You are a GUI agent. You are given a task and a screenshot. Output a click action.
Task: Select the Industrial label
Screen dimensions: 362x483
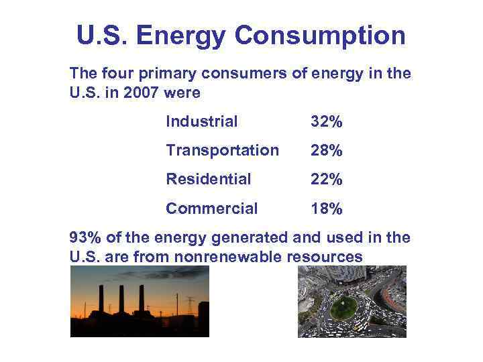point(201,121)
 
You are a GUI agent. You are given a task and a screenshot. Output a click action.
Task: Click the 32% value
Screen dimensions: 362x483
point(327,122)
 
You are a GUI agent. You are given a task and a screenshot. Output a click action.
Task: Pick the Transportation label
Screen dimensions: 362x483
point(222,150)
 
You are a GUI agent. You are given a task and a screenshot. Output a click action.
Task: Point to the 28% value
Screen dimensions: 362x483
point(327,151)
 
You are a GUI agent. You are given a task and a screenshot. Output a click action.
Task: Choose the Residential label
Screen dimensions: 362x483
point(208,179)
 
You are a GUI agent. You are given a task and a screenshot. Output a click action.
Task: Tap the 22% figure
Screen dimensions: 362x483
point(327,180)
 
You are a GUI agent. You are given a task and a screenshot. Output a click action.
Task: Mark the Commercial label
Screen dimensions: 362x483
point(211,208)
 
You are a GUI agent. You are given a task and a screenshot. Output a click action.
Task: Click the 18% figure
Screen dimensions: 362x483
point(327,209)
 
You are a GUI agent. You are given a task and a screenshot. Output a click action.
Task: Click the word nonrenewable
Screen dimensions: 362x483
point(228,256)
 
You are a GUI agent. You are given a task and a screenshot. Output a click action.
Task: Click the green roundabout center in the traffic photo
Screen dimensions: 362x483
point(343,307)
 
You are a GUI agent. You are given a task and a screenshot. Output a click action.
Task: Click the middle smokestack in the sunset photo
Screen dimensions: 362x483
point(121,300)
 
